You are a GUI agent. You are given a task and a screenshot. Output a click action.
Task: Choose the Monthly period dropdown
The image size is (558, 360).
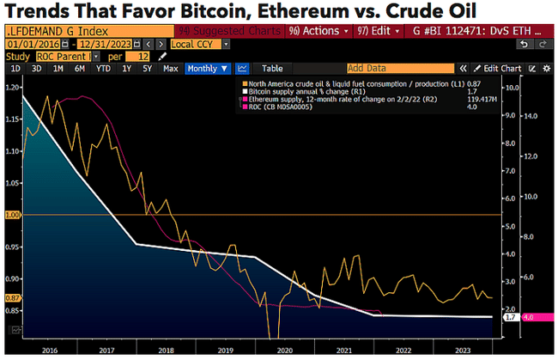[207, 68]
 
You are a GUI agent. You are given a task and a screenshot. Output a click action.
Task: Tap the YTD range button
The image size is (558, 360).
[104, 68]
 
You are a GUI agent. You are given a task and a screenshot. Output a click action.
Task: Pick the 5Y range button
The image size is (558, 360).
[147, 68]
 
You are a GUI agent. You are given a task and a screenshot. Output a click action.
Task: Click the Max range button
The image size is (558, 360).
[170, 68]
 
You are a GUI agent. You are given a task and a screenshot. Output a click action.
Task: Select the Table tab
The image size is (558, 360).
[272, 68]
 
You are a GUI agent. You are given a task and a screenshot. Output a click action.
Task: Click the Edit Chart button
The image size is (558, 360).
[501, 68]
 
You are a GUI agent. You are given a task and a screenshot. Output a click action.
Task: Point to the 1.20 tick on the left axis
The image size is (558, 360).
[12, 88]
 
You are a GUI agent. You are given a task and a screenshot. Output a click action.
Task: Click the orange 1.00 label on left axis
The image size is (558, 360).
[12, 215]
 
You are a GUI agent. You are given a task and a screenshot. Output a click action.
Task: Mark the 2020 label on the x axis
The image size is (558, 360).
[284, 351]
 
